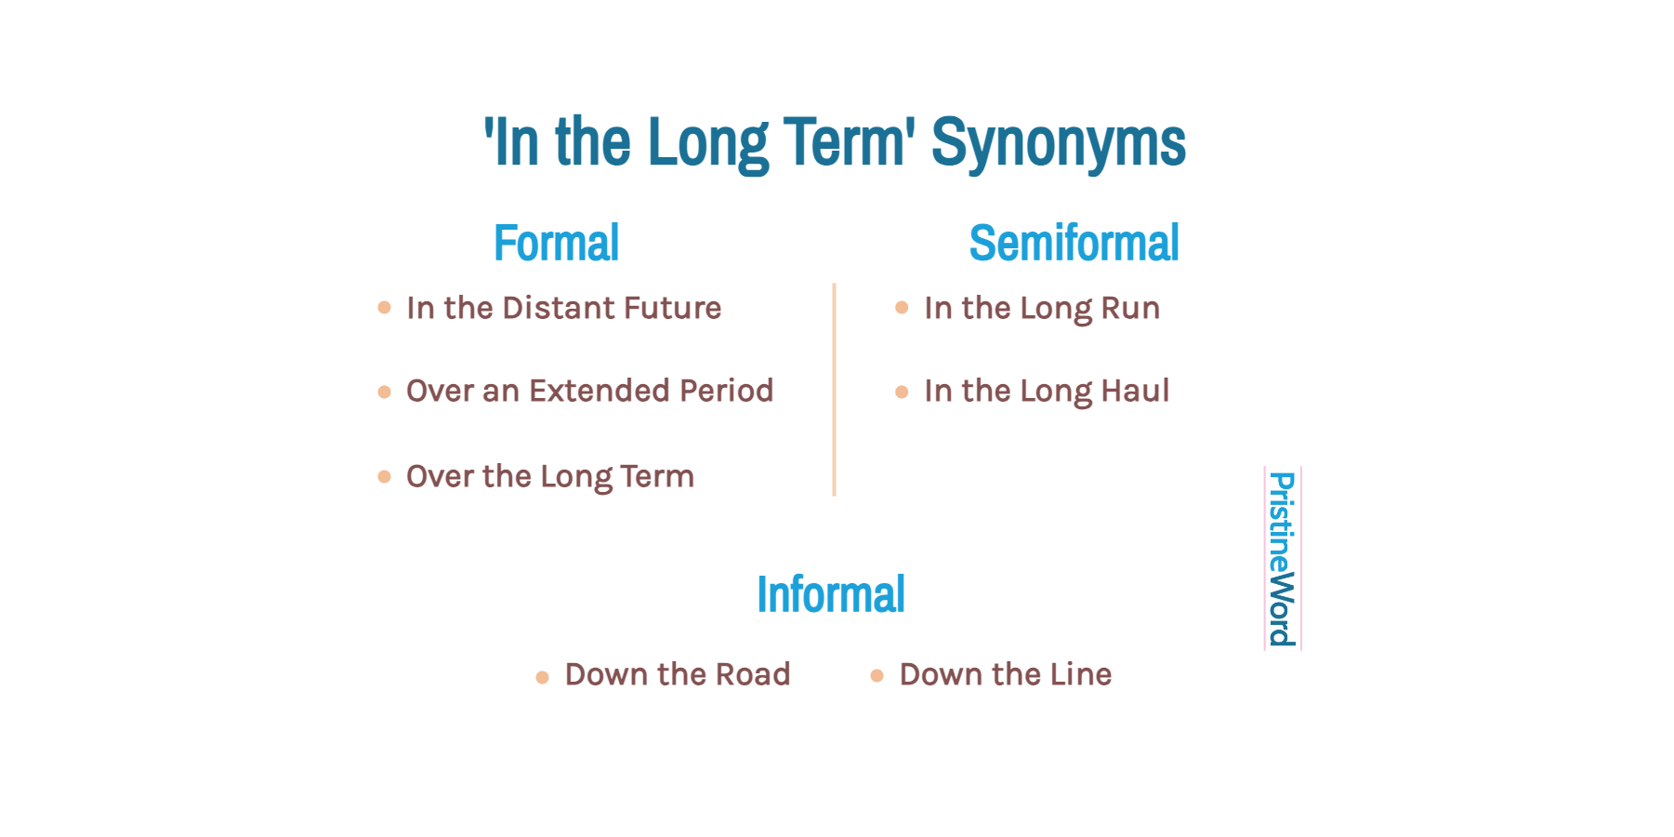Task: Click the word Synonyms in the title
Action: click(x=1059, y=144)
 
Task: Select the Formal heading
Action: click(x=557, y=244)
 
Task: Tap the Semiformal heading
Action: click(x=1074, y=244)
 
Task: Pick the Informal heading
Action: click(x=831, y=594)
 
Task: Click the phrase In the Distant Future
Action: click(x=564, y=308)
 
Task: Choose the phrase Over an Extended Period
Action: click(x=590, y=391)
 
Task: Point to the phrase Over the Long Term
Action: click(x=550, y=477)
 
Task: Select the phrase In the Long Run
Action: click(x=1042, y=309)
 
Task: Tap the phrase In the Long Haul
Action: click(x=1047, y=392)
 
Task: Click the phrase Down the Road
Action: click(x=678, y=674)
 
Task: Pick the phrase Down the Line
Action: click(x=1006, y=674)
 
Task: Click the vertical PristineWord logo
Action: click(x=1283, y=559)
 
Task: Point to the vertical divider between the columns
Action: click(x=835, y=390)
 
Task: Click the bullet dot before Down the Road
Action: click(x=543, y=677)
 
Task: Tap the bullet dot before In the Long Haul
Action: click(x=902, y=392)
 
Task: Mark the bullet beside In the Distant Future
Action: click(x=385, y=308)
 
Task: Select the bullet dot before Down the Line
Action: click(x=877, y=675)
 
